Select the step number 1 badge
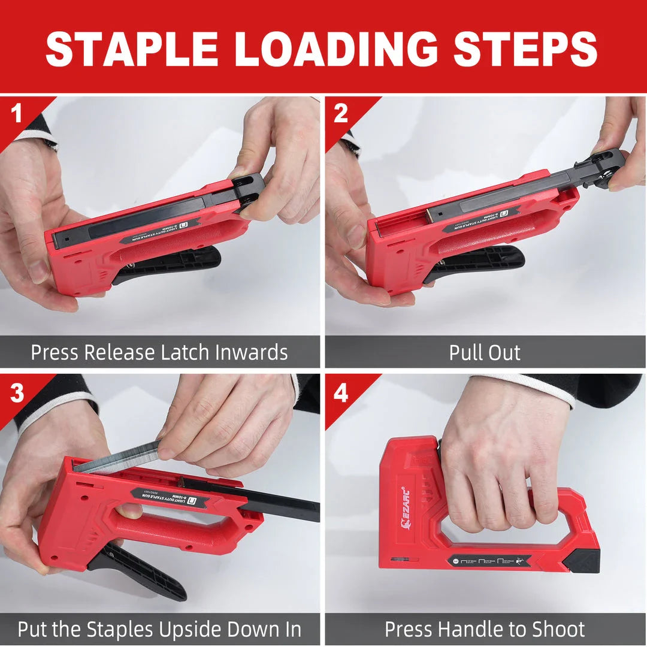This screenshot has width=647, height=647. (16, 113)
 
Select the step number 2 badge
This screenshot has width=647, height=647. (340, 113)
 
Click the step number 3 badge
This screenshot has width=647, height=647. (16, 392)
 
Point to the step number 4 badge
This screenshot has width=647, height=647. (340, 392)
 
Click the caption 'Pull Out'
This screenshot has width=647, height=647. (485, 352)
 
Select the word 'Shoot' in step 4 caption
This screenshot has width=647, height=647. (555, 630)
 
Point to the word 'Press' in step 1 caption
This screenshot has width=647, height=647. (55, 352)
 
